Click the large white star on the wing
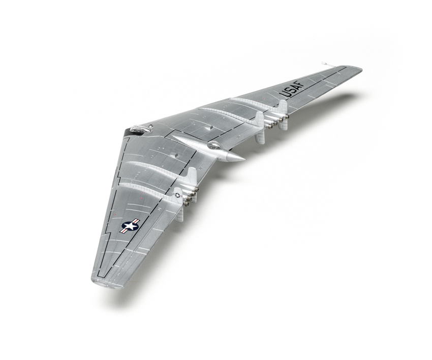pos(130,227)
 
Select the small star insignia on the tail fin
pos(177,195)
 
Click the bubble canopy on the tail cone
pos(213,145)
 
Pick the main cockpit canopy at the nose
pos(137,129)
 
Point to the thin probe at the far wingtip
pos(326,64)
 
